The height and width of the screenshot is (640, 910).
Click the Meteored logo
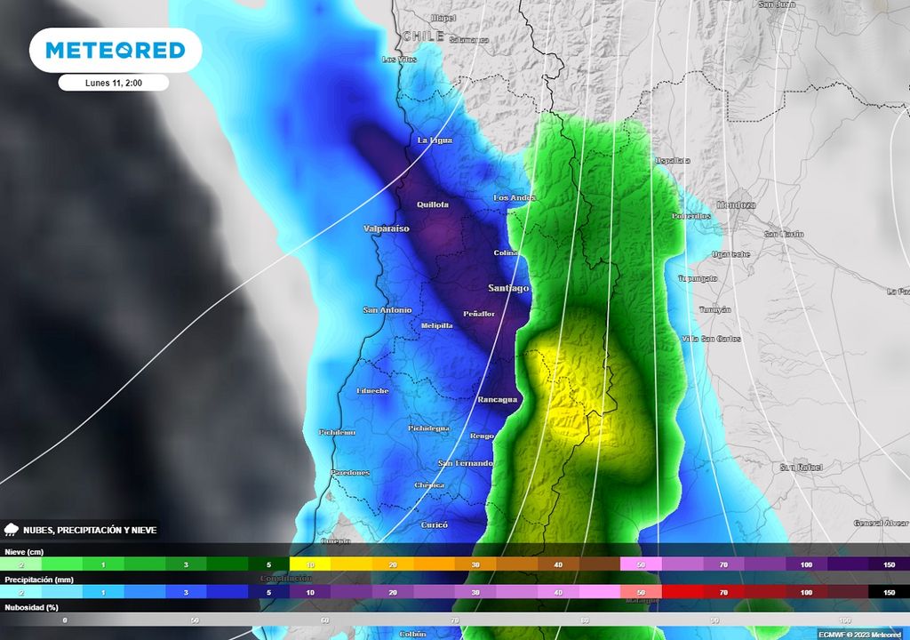116,50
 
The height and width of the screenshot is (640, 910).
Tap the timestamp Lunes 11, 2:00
114,83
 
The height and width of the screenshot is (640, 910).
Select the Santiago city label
508,288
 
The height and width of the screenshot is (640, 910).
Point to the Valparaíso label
387,228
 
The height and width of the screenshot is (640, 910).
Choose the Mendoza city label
736,204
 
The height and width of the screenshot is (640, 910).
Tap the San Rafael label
801,467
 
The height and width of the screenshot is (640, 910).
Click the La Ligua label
435,140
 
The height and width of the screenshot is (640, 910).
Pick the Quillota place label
432,204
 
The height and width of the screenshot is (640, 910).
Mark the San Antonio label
387,310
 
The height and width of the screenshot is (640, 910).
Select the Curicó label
435,525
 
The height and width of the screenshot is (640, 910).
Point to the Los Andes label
515,197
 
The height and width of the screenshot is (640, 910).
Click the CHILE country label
423,36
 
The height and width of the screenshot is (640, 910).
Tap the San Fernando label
465,464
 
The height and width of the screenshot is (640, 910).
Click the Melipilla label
437,325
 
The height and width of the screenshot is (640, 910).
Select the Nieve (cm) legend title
24,552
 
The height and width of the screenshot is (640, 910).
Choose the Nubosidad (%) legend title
31,607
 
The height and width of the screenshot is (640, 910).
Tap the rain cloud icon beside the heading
12,530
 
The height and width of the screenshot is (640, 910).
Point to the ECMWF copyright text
859,634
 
